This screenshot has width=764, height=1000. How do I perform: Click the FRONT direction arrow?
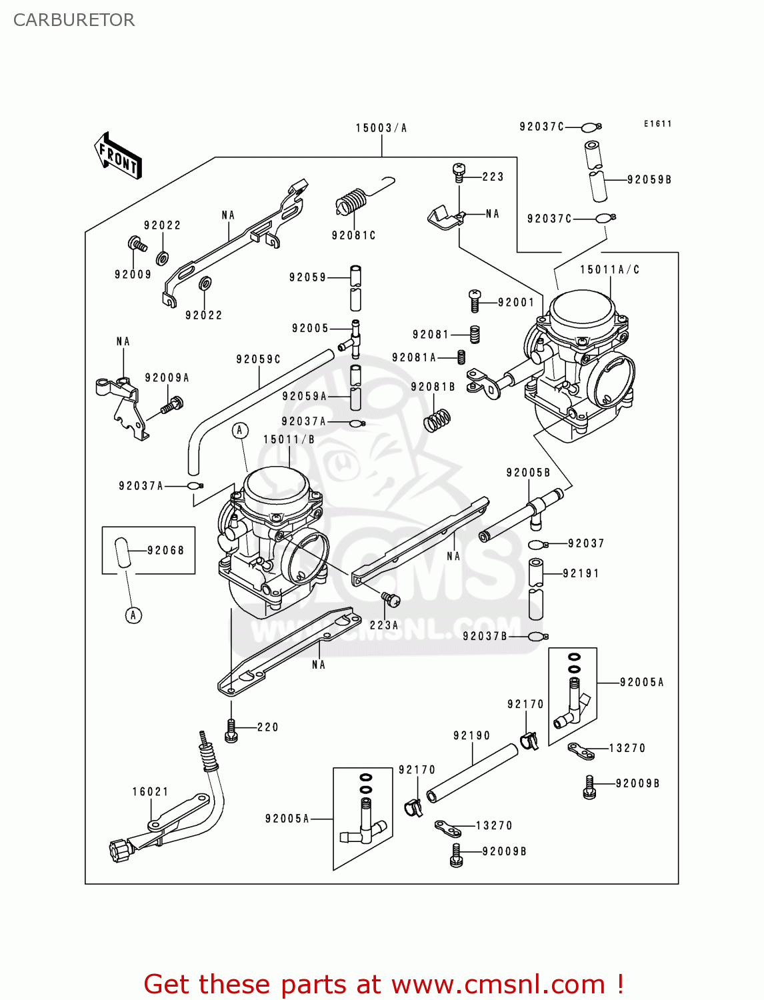[x=119, y=155]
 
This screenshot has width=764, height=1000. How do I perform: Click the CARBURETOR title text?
[x=74, y=20]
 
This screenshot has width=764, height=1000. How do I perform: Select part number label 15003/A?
[x=381, y=128]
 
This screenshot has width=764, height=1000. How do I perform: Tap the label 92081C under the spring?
[x=353, y=235]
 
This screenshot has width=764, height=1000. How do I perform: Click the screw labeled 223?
[x=459, y=173]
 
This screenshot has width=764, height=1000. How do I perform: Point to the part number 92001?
[x=516, y=302]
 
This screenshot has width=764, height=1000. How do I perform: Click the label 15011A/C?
[x=609, y=269]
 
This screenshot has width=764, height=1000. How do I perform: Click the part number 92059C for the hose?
[x=258, y=359]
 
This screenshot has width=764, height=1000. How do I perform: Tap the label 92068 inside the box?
[x=165, y=550]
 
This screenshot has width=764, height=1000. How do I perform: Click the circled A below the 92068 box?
[x=133, y=615]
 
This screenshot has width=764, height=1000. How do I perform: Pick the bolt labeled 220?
[x=231, y=731]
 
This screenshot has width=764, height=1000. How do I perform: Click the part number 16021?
[x=150, y=791]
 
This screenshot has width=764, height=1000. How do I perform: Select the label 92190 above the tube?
[x=471, y=735]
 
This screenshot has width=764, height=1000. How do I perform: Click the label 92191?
[x=581, y=573]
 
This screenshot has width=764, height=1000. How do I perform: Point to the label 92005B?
[x=528, y=473]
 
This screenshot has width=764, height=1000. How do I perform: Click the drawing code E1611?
[x=657, y=124]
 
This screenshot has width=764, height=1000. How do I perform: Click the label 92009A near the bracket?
[x=167, y=378]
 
